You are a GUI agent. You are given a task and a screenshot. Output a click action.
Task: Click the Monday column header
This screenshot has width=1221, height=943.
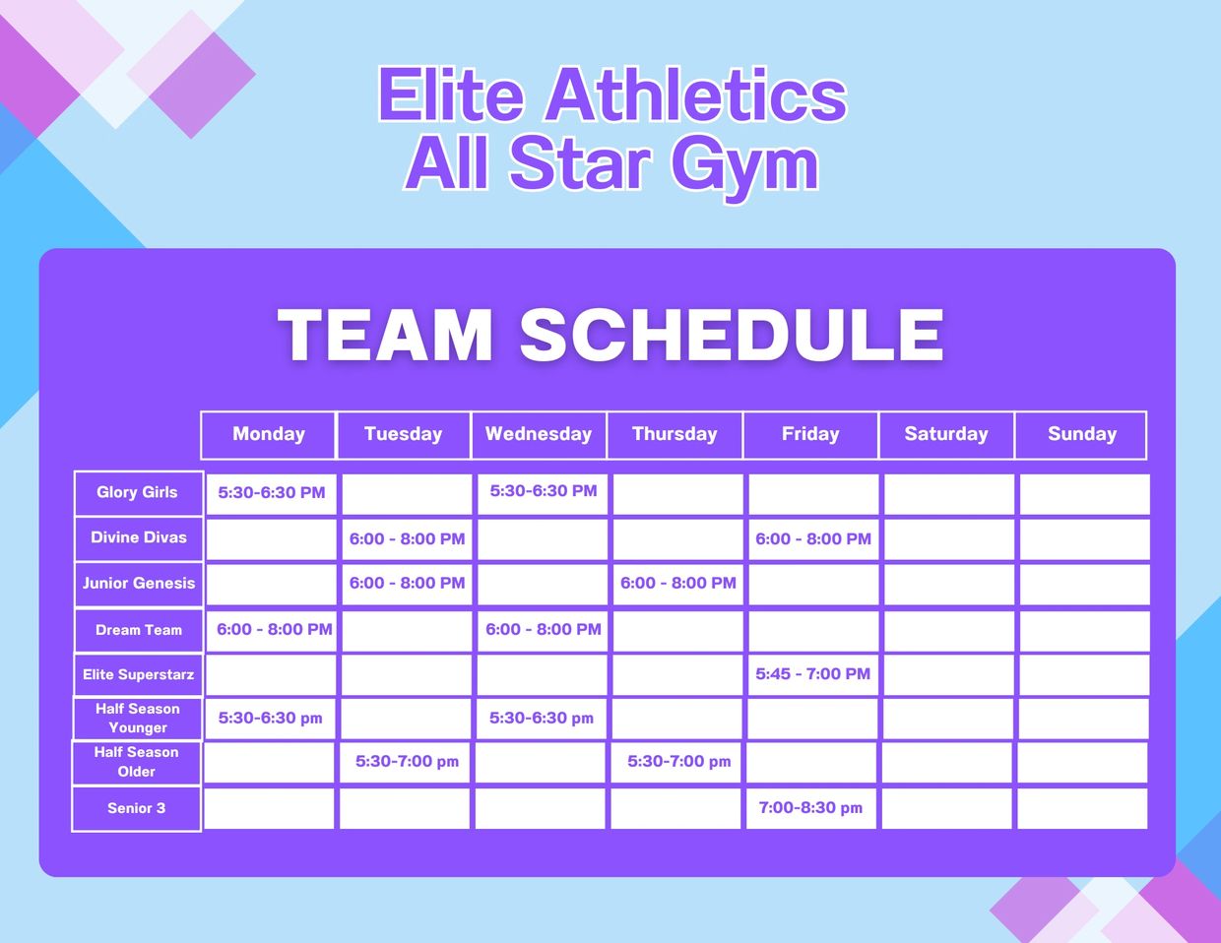268,435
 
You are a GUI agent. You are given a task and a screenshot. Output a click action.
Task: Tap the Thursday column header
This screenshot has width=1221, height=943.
675,435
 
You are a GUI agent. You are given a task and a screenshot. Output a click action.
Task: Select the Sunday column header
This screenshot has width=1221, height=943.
1081,435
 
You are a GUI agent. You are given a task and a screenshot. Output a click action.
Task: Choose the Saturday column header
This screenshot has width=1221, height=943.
946,435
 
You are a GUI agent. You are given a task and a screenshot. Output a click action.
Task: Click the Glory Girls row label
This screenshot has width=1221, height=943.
138,493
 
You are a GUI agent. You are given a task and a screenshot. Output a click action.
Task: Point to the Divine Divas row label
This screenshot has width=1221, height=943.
138,538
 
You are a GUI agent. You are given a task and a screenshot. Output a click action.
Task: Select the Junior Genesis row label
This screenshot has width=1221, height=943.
138,584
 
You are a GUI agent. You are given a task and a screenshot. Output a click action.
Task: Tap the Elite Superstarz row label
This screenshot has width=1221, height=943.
138,674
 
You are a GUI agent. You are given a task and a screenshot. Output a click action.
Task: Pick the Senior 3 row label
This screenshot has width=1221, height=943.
136,809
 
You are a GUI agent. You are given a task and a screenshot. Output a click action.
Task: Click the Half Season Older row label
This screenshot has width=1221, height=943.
136,762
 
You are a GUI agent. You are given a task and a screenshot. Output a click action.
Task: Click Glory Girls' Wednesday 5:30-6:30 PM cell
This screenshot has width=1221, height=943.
543,494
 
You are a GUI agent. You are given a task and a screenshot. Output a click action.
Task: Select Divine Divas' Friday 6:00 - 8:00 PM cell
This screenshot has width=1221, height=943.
813,539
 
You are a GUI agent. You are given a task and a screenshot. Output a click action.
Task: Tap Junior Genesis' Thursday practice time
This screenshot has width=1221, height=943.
677,584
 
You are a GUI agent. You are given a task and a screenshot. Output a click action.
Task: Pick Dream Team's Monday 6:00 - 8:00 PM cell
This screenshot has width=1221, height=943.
272,631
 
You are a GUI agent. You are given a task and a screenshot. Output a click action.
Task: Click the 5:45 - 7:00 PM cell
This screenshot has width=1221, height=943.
812,674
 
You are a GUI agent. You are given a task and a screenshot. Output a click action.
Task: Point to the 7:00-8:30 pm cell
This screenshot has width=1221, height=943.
810,808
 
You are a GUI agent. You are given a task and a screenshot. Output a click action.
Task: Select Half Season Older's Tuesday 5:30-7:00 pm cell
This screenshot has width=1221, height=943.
405,762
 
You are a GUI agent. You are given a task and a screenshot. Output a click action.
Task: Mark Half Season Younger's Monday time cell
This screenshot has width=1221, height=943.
270,719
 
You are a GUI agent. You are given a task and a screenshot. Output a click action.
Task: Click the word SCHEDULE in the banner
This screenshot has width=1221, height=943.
732,335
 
